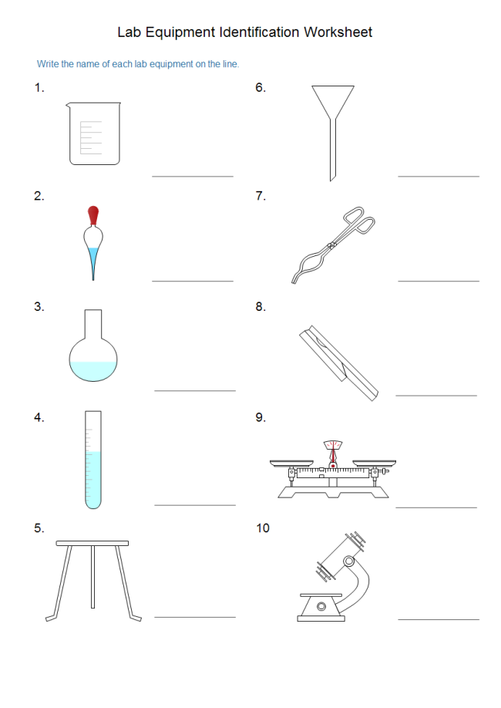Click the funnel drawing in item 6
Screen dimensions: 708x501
333,123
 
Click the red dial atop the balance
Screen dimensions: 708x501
333,448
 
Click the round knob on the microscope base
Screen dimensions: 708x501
321,608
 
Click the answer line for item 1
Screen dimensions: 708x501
193,176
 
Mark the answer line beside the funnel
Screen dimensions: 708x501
438,176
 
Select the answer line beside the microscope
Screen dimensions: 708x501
438,619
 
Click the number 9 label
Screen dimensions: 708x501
261,417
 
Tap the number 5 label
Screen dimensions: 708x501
39,528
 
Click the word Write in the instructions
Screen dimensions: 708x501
48,64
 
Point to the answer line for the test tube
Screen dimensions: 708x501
195,505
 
